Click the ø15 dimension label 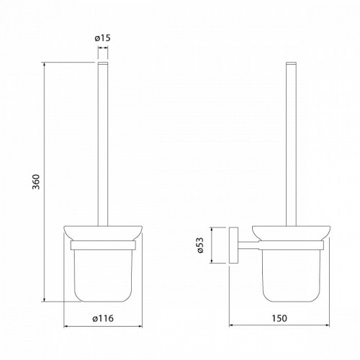pyautogui.click(x=102, y=38)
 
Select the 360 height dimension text pyautogui.click(x=36, y=181)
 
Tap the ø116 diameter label pyautogui.click(x=103, y=318)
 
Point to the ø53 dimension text pyautogui.click(x=199, y=245)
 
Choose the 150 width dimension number pyautogui.click(x=279, y=318)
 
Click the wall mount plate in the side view pyautogui.click(x=233, y=245)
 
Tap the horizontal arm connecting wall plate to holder pyautogui.click(x=248, y=245)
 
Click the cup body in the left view pyautogui.click(x=103, y=275)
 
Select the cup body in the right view pyautogui.click(x=292, y=275)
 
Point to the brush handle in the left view pyautogui.click(x=103, y=144)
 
